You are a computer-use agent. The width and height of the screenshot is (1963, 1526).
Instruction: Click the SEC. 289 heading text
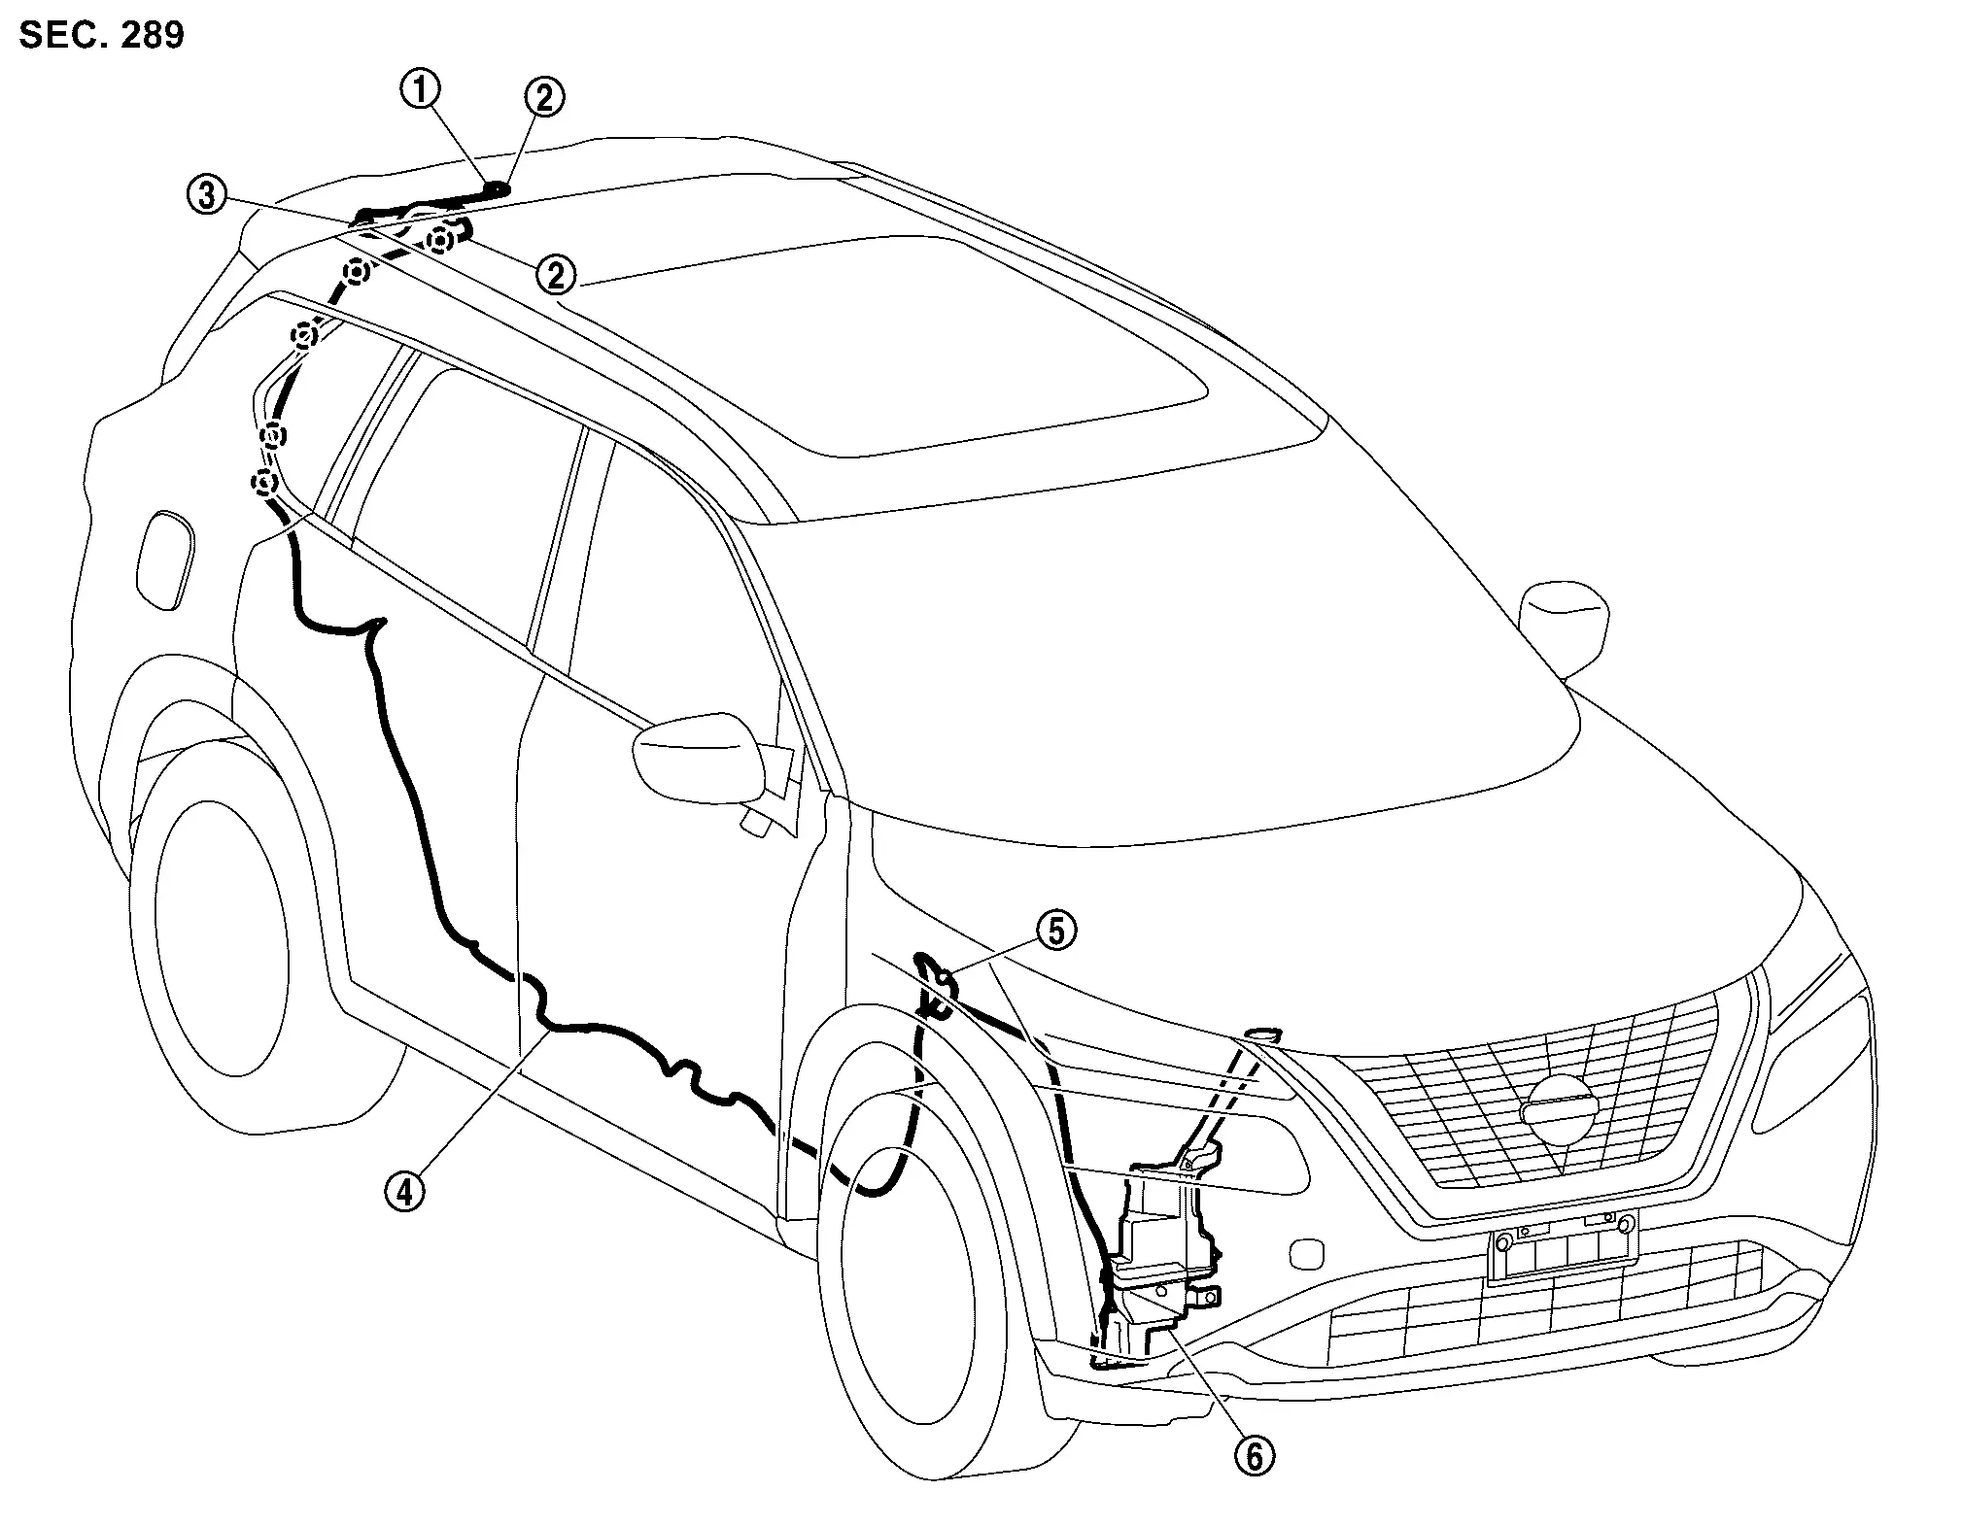101,36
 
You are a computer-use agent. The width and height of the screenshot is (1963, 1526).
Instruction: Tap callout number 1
420,89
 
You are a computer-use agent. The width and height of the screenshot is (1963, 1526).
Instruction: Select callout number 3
207,195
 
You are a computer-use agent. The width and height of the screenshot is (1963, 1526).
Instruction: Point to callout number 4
404,1191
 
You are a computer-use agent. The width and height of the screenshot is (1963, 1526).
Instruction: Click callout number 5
1056,930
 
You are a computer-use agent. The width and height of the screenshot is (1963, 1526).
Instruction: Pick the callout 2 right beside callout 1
544,97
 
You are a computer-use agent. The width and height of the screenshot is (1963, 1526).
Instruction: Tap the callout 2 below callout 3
556,275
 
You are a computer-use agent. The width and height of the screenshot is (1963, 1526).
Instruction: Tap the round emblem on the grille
1561,1111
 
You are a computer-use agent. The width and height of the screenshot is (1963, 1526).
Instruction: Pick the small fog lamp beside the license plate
1306,1253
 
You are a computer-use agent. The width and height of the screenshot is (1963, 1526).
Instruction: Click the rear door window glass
466,486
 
